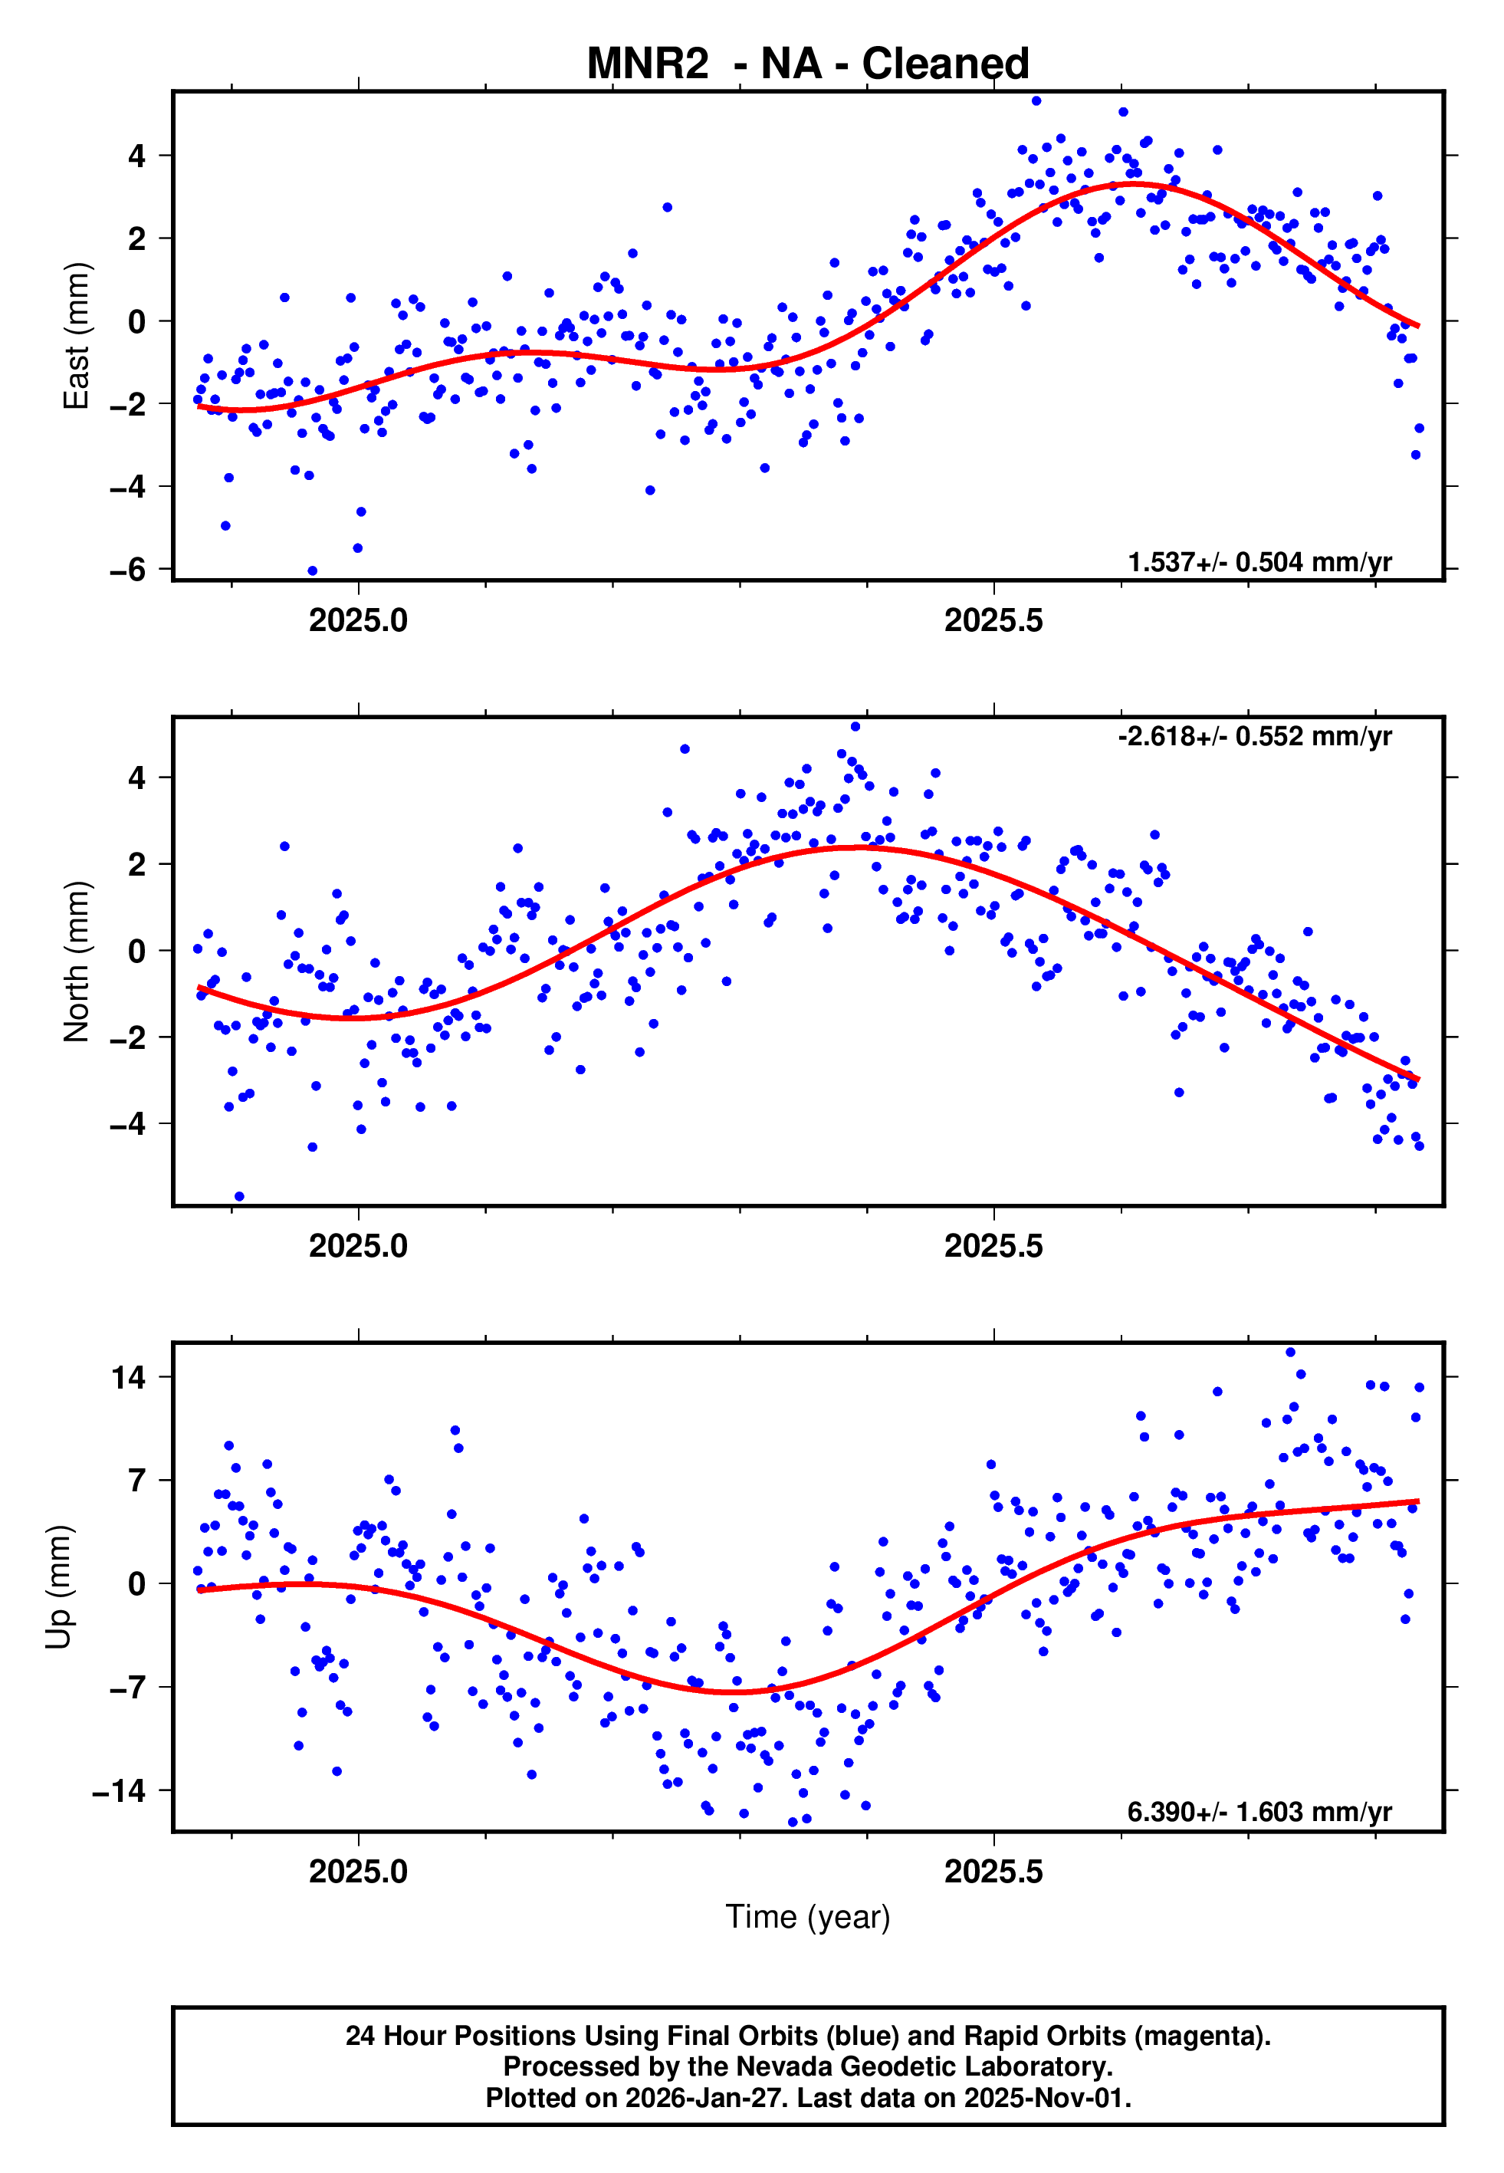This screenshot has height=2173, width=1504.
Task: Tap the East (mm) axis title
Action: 75,336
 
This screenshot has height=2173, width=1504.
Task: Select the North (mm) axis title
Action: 75,962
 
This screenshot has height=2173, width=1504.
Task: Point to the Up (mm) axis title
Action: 58,1586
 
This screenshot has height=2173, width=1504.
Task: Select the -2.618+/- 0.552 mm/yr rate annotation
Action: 1254,736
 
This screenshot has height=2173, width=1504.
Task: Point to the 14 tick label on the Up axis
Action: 128,1378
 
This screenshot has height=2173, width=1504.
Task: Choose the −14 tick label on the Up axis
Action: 119,1790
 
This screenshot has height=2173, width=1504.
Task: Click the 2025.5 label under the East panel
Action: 993,620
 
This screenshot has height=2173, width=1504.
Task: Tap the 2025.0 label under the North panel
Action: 358,1246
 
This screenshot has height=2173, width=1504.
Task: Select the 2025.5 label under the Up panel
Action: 993,1872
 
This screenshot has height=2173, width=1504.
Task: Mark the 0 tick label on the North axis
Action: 137,951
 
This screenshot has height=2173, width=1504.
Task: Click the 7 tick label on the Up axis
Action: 137,1481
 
